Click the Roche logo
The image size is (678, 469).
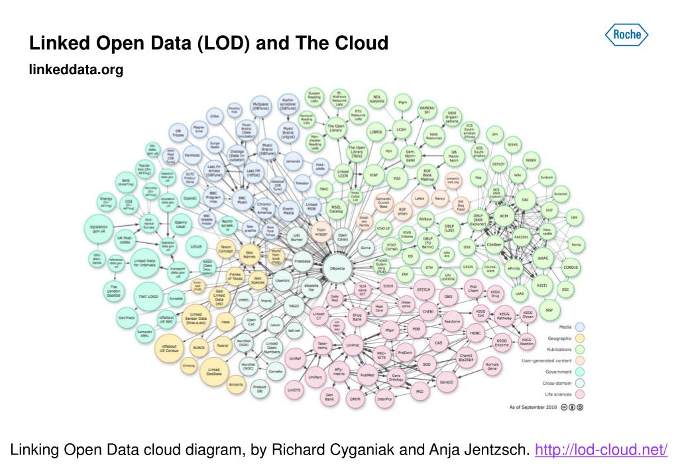point(626,34)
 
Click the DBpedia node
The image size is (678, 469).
point(337,268)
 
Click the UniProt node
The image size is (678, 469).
point(353,344)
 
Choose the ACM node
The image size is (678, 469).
point(504,216)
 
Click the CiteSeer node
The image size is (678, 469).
point(494,245)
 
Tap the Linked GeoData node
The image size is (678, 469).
point(214,372)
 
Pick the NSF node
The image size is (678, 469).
point(549,310)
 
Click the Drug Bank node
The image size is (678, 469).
point(357,316)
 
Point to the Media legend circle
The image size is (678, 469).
point(580,327)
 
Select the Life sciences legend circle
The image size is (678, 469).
point(580,394)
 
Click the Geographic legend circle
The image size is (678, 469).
point(580,338)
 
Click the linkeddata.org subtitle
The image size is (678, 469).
point(76,69)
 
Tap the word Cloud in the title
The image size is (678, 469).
point(361,44)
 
